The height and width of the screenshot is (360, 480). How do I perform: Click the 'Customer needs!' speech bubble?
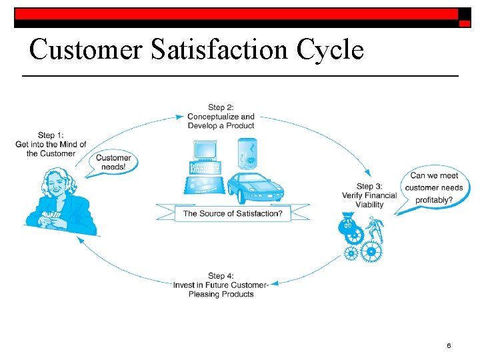click(x=113, y=163)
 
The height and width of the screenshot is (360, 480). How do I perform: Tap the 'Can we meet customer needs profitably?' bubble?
click(x=433, y=188)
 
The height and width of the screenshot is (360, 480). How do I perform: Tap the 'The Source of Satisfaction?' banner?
click(x=233, y=213)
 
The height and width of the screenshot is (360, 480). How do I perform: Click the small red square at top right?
click(x=465, y=23)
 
